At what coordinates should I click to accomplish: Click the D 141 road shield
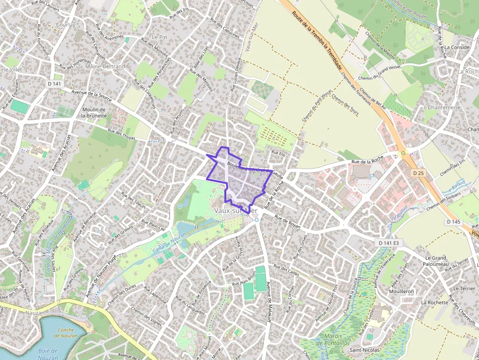[55, 84]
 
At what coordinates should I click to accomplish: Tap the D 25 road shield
[417, 173]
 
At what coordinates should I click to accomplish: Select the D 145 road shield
[453, 222]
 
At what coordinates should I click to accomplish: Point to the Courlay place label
[65, 25]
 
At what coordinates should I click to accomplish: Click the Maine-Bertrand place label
[105, 66]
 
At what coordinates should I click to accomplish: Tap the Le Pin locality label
[159, 37]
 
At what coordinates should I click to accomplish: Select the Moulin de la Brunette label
[94, 113]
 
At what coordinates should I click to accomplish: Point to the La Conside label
[457, 47]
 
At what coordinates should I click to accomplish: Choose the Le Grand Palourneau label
[436, 261]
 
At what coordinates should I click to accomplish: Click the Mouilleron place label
[401, 291]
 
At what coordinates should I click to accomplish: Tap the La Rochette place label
[435, 302]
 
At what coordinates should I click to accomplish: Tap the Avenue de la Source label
[91, 95]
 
